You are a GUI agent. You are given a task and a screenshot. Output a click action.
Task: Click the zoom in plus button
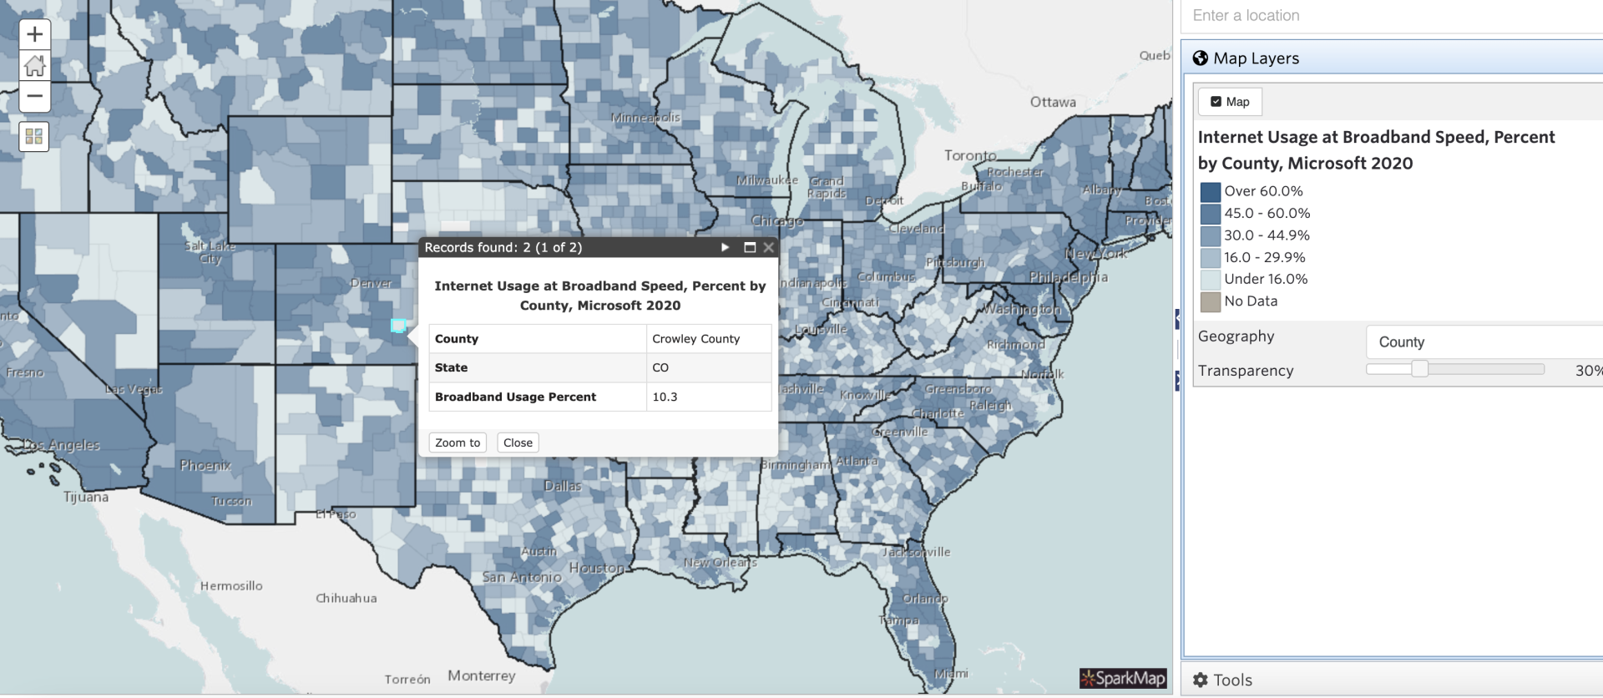34,34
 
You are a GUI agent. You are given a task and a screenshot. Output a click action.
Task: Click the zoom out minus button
34,97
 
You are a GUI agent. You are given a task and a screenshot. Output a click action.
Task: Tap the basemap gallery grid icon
34,136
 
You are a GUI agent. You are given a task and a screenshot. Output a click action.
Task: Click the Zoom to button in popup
457,443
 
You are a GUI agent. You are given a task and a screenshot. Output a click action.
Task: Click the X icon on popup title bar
768,247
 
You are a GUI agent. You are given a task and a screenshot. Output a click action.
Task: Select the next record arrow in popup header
725,247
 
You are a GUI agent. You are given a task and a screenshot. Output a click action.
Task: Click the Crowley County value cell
708,339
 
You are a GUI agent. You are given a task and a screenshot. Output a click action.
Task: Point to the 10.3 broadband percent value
665,397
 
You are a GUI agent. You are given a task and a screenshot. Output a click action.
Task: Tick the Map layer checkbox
1216,102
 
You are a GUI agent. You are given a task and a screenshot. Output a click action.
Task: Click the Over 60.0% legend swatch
1210,192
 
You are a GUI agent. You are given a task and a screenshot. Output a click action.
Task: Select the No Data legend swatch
1210,301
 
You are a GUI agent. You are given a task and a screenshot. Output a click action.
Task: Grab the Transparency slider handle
1419,369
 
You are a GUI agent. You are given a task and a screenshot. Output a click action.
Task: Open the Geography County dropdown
1483,342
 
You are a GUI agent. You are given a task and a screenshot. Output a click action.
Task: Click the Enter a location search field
1386,16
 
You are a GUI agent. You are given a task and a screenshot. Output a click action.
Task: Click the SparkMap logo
1122,678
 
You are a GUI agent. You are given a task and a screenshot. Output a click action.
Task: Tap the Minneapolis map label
645,118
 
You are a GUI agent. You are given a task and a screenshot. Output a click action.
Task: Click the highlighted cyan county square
398,326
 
